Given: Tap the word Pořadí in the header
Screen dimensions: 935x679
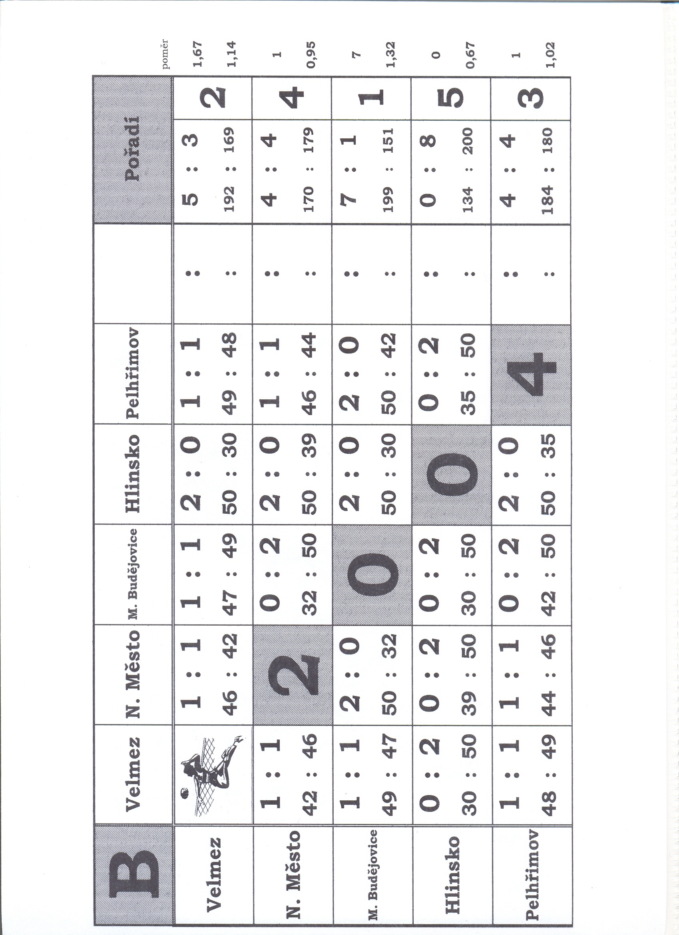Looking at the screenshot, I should (x=133, y=148).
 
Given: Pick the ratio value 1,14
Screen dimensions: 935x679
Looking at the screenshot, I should (x=232, y=54).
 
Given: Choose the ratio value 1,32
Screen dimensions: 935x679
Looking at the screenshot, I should (x=391, y=54).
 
